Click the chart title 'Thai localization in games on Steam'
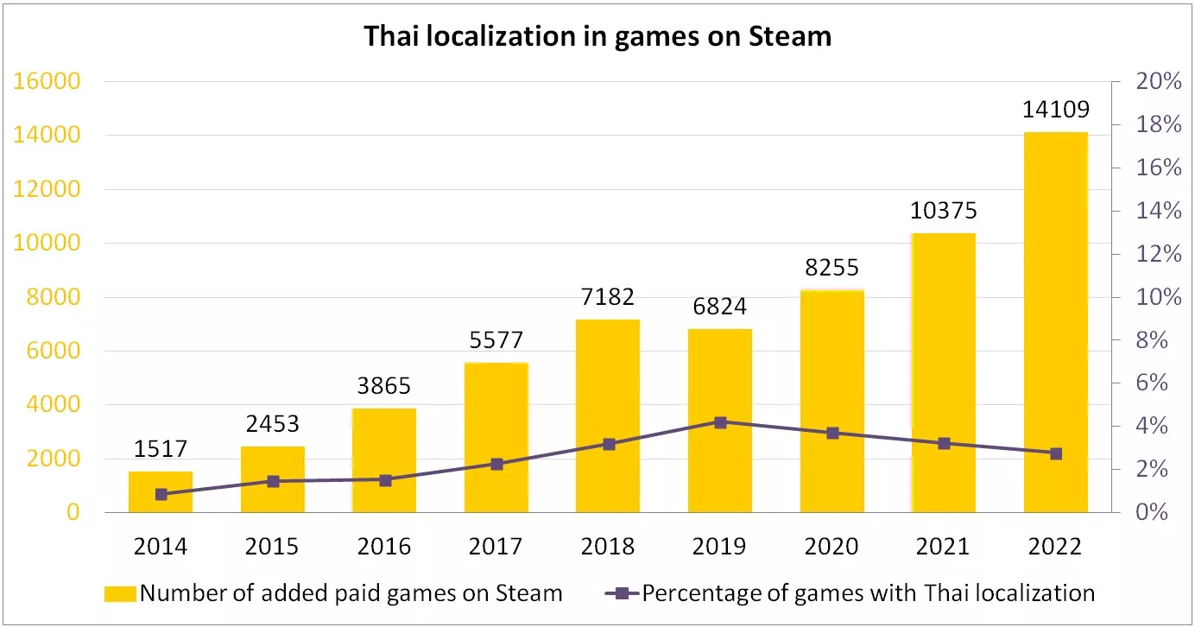[x=597, y=36]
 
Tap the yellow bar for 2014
[x=161, y=491]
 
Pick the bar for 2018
[x=608, y=415]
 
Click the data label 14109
[x=1055, y=110]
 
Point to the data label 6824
[x=720, y=307]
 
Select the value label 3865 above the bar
[x=384, y=386]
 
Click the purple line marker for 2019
[x=720, y=422]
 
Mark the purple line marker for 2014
[x=161, y=494]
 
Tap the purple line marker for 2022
[x=1055, y=453]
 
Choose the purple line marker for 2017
[x=496, y=464]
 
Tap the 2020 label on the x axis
[x=831, y=546]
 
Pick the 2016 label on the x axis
[x=384, y=546]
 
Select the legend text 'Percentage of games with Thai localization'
[x=868, y=593]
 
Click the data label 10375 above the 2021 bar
[x=944, y=211]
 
